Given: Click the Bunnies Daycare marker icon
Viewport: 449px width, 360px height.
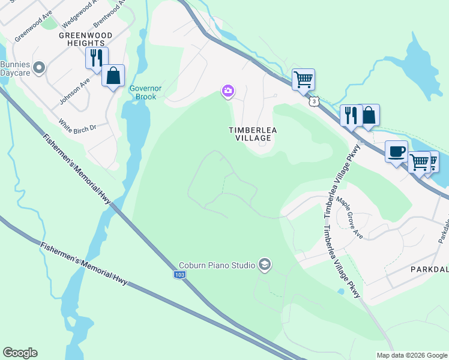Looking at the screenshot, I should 40,67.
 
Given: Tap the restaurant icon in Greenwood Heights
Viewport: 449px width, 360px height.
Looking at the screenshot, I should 95,58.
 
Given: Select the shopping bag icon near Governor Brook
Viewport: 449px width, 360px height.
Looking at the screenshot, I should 113,76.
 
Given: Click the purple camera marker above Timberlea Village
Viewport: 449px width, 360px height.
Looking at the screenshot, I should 228,91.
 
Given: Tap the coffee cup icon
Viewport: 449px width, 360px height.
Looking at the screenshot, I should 396,151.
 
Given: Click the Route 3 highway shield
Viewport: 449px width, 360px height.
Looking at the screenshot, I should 313,101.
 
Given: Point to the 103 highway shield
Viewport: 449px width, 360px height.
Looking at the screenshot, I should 180,274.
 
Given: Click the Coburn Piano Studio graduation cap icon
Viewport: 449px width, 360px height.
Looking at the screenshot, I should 264,264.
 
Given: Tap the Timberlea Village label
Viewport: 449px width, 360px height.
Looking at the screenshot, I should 250,133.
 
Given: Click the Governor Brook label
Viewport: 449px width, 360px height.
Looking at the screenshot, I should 143,92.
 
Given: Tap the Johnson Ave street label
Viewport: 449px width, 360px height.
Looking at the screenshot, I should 75,90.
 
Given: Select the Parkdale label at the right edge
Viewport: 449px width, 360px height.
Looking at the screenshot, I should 429,269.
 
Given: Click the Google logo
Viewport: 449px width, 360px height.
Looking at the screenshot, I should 20,353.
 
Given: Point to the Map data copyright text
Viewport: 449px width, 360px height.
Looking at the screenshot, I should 411,355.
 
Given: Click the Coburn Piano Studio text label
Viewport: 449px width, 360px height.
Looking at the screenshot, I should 217,265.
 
